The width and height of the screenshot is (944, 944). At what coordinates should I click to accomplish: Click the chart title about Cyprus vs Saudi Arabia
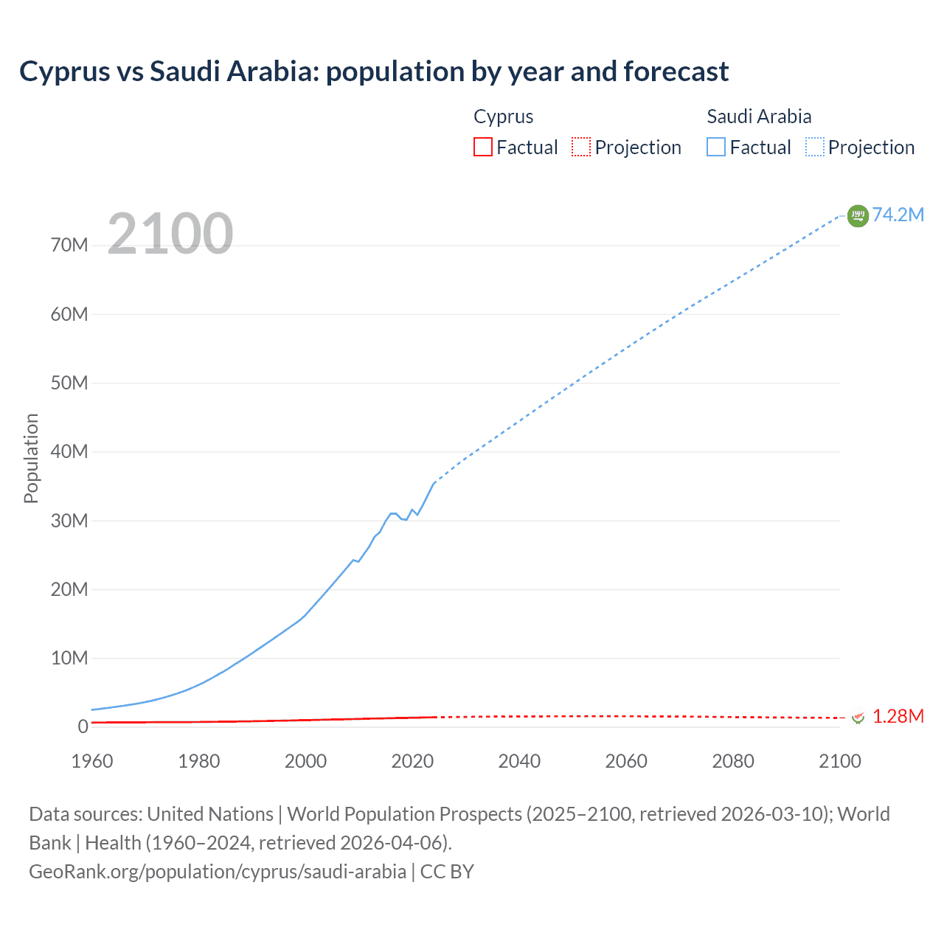[374, 72]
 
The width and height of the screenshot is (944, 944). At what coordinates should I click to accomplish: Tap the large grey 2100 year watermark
[170, 234]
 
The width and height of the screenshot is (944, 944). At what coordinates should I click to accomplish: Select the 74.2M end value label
[898, 215]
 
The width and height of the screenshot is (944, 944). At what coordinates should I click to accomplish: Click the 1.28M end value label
[898, 716]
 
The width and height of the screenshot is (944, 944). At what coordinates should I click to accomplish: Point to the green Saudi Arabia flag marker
[858, 215]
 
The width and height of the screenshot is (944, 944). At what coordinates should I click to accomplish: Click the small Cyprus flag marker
[858, 717]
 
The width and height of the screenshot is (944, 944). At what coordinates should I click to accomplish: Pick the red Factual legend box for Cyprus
[483, 147]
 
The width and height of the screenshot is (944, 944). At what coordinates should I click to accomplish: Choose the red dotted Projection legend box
[581, 147]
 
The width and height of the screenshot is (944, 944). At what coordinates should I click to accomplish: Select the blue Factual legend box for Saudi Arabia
[716, 147]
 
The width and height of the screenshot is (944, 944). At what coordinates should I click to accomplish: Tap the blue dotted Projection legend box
[815, 147]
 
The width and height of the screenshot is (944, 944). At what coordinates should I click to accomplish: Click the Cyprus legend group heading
[503, 117]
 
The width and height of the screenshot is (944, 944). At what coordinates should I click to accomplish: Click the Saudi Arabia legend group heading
[759, 117]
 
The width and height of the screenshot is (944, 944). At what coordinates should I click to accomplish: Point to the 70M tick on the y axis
[69, 245]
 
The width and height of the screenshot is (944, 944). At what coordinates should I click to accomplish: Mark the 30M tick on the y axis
[69, 521]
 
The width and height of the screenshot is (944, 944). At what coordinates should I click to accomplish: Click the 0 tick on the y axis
[83, 726]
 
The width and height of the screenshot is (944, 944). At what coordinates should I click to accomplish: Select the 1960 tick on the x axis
[92, 761]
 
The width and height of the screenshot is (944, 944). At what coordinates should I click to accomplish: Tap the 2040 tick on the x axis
[519, 761]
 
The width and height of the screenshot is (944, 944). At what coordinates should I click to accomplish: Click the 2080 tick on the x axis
[733, 761]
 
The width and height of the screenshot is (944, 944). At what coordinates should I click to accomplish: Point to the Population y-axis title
[31, 458]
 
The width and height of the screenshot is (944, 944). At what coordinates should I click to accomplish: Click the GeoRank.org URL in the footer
[218, 872]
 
